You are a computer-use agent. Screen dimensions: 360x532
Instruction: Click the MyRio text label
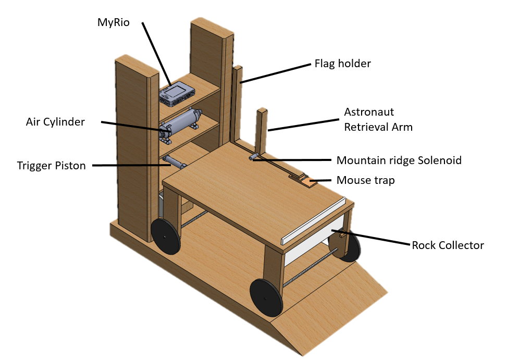tap(114, 22)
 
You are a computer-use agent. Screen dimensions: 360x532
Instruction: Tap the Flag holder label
tap(342, 64)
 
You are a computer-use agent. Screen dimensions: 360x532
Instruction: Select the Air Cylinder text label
tap(55, 122)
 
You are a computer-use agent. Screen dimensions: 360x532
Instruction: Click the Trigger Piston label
tap(51, 166)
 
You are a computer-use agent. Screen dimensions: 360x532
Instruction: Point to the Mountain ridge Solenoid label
tap(399, 160)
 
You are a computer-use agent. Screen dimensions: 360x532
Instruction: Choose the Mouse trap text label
tap(365, 180)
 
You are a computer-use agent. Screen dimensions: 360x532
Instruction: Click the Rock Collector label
tap(448, 245)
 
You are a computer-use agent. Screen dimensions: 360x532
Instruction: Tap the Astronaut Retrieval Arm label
tap(378, 119)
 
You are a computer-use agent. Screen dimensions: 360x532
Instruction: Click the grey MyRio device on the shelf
tap(177, 93)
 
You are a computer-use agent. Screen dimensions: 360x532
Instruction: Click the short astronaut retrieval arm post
tap(262, 130)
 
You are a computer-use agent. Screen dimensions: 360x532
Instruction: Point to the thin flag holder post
tap(238, 104)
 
